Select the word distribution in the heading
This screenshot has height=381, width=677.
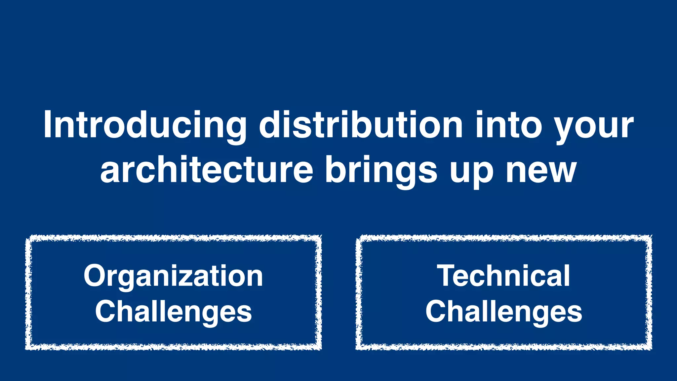pyautogui.click(x=361, y=125)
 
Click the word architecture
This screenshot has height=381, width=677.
pyautogui.click(x=207, y=170)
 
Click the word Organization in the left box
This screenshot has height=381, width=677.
pyautogui.click(x=173, y=276)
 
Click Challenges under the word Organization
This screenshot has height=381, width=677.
pyautogui.click(x=173, y=312)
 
